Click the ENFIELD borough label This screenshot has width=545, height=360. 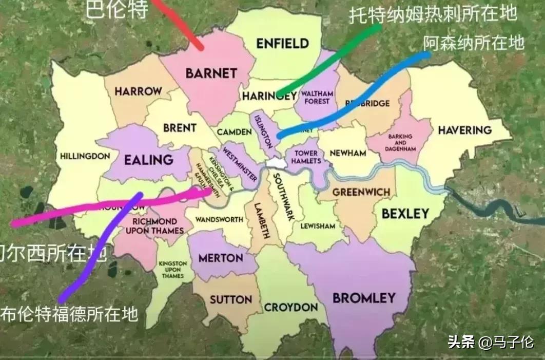click(282, 43)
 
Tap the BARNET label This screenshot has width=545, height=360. click(211, 73)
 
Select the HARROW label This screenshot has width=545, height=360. click(138, 91)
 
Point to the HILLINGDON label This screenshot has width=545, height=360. click(85, 156)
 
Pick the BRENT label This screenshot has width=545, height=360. click(180, 128)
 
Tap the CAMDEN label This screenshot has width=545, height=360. click(234, 132)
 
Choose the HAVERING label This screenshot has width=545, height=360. click(464, 130)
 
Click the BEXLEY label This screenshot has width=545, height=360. click(405, 214)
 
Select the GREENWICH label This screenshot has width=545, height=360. click(361, 192)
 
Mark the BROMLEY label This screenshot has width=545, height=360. click(364, 297)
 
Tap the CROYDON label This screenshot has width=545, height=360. click(291, 308)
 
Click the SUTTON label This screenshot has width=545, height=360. click(231, 299)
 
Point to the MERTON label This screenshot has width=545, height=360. click(221, 258)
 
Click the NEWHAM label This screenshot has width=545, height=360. click(348, 153)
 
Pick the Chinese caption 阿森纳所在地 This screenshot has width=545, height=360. click(474, 42)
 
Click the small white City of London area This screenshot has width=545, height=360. click(276, 163)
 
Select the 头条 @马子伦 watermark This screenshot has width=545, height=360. click(491, 342)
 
